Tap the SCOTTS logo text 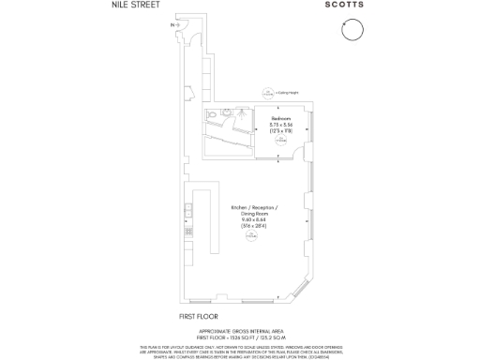351,6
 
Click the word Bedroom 281,118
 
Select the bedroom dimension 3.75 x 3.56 281,125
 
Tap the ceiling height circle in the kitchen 251,238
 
